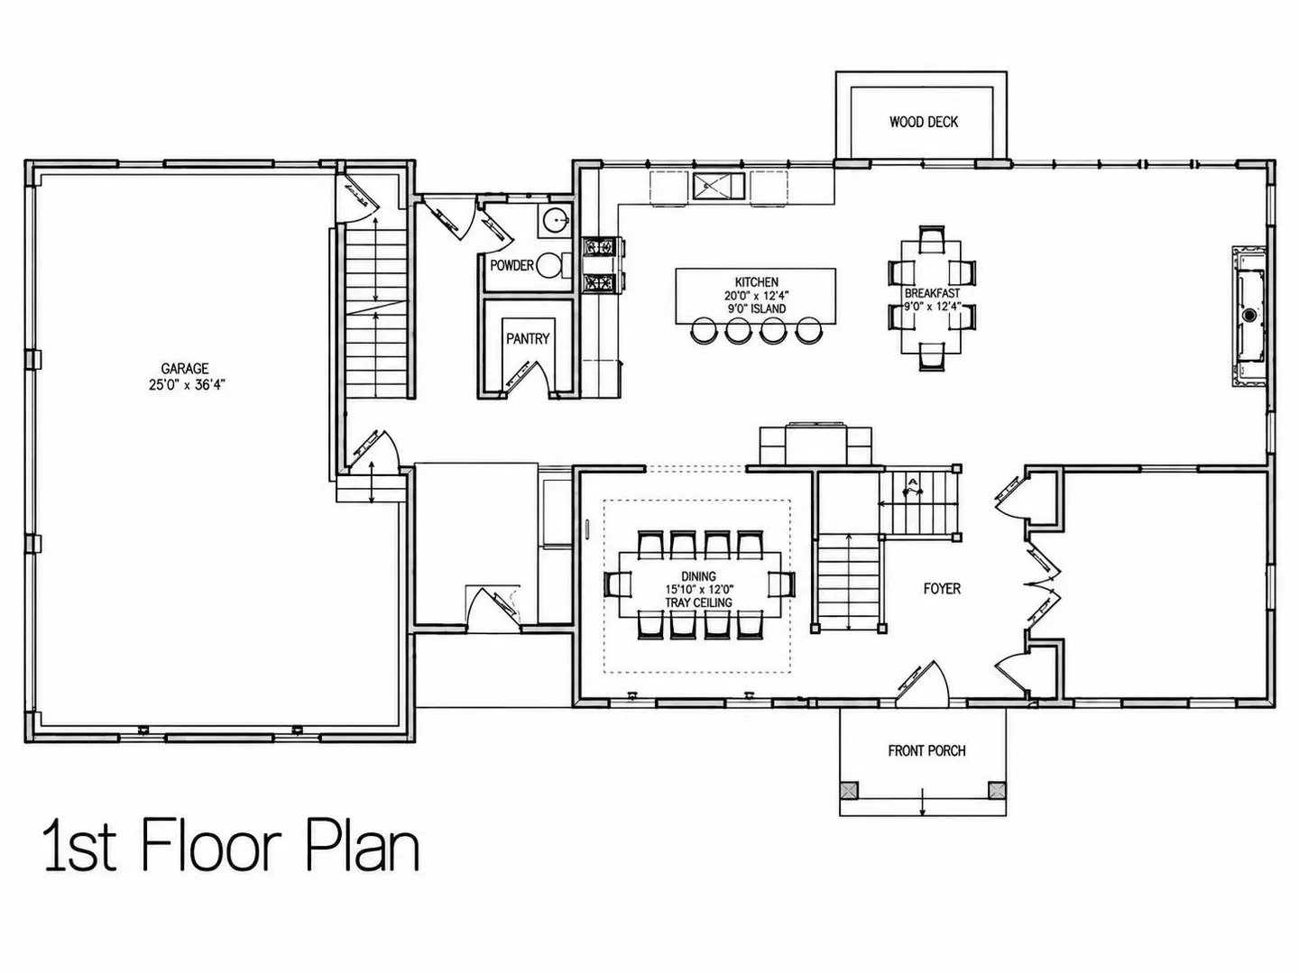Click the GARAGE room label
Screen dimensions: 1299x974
pos(185,369)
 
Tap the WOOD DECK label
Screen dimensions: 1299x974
pos(923,122)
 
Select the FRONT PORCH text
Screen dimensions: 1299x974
pos(926,750)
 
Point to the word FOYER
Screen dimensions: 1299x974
pos(942,588)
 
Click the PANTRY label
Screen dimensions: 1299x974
pos(528,338)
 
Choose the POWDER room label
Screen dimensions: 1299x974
pos(511,265)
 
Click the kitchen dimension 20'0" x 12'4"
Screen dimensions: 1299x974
pos(757,296)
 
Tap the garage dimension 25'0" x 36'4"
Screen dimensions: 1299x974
pos(187,385)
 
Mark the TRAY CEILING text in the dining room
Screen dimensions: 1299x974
pos(698,602)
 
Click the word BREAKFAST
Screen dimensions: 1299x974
pos(932,293)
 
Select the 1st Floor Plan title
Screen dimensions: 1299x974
pos(232,845)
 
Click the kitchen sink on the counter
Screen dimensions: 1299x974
pos(719,187)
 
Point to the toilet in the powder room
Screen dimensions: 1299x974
pos(553,265)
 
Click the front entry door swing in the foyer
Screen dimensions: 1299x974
pos(924,683)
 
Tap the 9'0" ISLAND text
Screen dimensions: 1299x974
pos(757,308)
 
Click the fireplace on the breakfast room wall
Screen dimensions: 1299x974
pos(1250,317)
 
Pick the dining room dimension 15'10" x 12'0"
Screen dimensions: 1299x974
pos(699,590)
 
